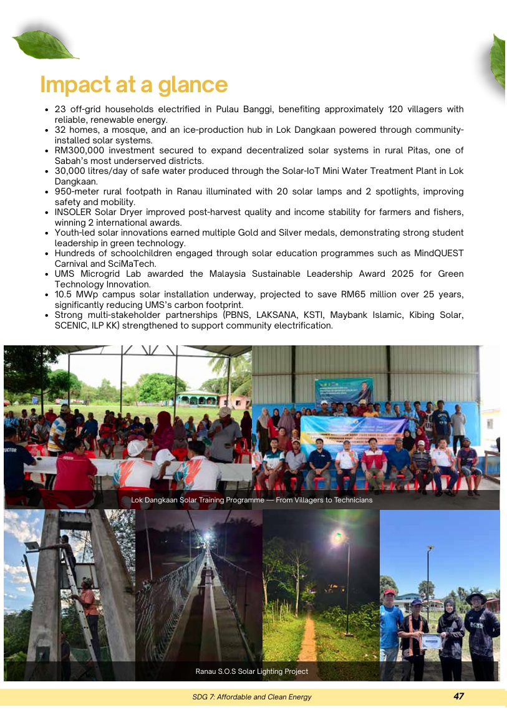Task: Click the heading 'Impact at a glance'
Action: (x=133, y=85)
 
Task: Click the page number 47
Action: (x=458, y=696)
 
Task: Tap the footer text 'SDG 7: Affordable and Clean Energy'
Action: (x=252, y=697)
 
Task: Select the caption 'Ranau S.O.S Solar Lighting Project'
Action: (x=252, y=671)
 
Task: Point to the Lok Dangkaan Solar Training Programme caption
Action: (x=252, y=500)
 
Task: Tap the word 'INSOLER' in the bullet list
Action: (x=74, y=212)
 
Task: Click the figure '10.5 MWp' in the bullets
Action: (x=74, y=294)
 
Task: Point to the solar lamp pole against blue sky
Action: (x=428, y=580)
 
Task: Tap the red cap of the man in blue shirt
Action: (x=390, y=592)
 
